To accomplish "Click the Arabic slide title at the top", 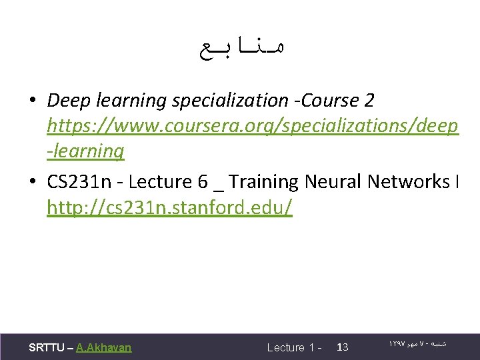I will click(241, 49).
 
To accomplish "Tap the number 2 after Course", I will click(369, 101).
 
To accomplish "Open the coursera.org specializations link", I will click(253, 126).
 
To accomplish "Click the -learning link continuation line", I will click(85, 151).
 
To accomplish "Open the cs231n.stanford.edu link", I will click(169, 207).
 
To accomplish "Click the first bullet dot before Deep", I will click(33, 101).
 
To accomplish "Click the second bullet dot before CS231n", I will click(33, 182).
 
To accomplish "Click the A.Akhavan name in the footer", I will click(103, 347).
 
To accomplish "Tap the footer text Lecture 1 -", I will click(294, 347).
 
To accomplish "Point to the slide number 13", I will click(343, 347).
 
